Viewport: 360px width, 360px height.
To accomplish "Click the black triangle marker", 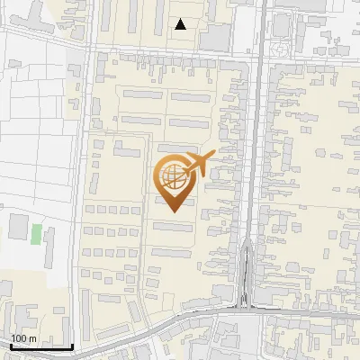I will pos(182,24).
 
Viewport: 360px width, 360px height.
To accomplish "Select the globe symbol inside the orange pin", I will pos(171,173).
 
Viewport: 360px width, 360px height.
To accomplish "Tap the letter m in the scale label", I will pos(33,338).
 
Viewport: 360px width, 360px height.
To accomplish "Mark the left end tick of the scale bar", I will pos(10,345).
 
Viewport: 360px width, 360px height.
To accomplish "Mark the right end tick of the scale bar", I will pos(72,345).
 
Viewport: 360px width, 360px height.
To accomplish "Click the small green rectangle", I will pos(36,234).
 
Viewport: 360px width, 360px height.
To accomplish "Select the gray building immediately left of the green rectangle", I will pos(19,227).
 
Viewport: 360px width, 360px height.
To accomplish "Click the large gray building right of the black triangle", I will pos(216,37).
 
